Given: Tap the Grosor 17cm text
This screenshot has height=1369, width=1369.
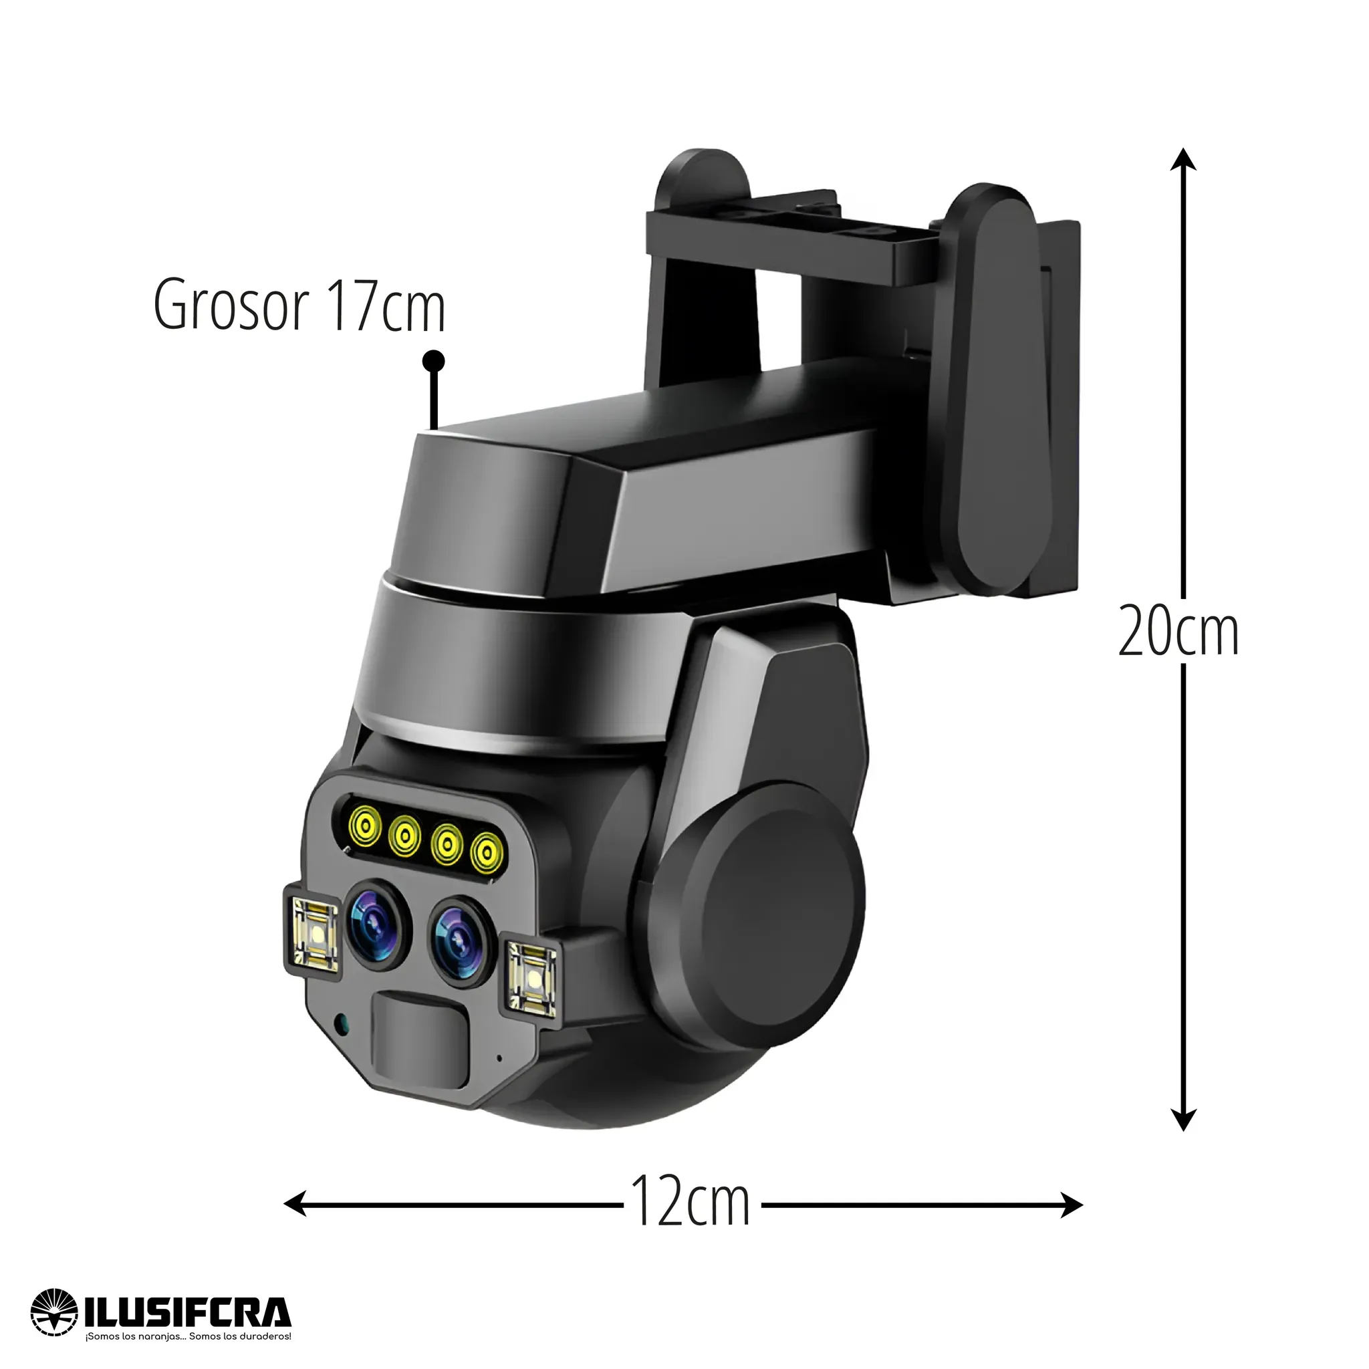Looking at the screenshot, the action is pyautogui.click(x=299, y=305).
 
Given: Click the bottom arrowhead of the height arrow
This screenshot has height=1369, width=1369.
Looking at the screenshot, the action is pyautogui.click(x=1183, y=1119).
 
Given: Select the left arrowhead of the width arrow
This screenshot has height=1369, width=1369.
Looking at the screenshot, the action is pyautogui.click(x=295, y=1203).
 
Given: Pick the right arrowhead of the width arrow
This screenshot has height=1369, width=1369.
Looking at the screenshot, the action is pyautogui.click(x=1072, y=1203).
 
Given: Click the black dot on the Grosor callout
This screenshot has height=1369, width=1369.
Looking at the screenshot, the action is pyautogui.click(x=433, y=362).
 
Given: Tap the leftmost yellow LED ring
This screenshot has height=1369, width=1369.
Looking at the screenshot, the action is pyautogui.click(x=365, y=824).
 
